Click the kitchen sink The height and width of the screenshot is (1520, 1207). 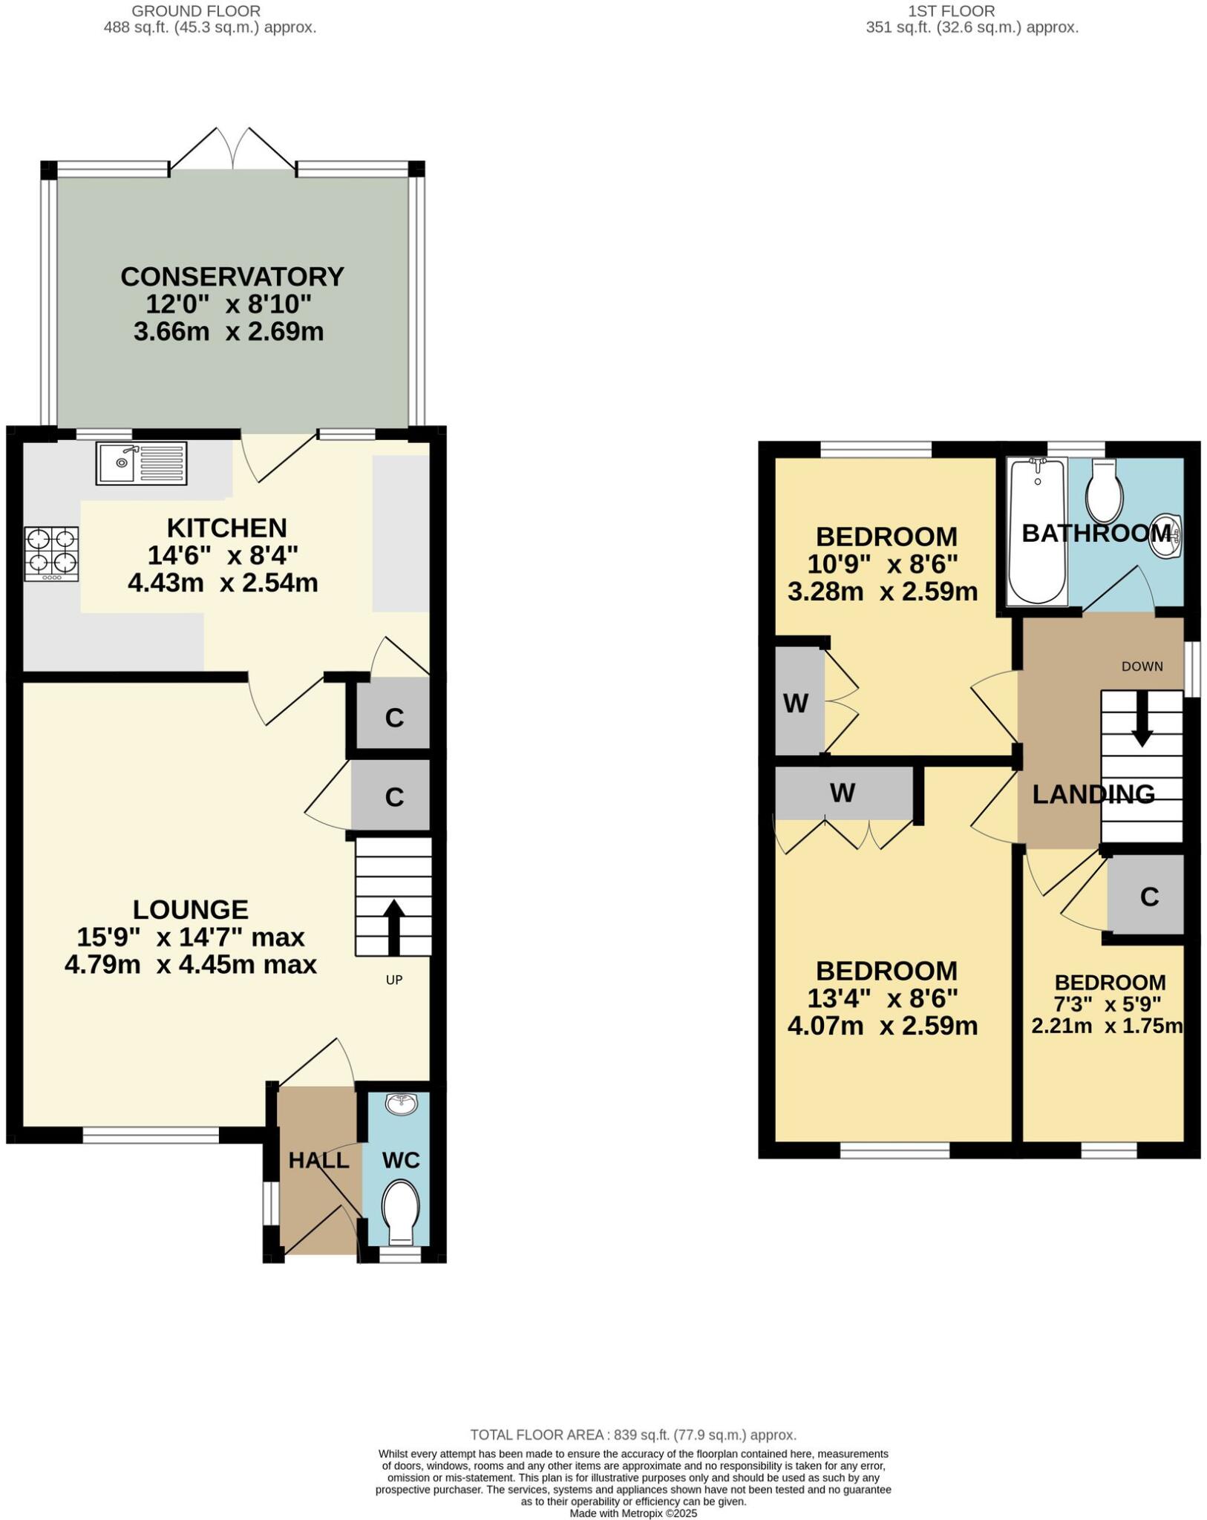(141, 463)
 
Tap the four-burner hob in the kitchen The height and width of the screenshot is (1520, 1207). (51, 554)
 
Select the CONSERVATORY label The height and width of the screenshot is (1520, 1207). (232, 277)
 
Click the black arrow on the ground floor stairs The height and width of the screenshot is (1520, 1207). (393, 927)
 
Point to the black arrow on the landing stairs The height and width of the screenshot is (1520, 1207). (1142, 719)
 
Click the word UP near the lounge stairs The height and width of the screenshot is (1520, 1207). (394, 980)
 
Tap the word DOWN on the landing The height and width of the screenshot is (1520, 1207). (1142, 666)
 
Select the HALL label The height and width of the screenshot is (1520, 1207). (318, 1160)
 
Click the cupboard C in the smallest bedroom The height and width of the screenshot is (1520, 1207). (1148, 897)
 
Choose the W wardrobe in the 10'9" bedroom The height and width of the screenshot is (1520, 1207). (796, 703)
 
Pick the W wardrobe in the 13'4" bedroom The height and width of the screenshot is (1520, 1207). (843, 793)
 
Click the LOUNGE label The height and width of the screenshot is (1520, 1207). (191, 909)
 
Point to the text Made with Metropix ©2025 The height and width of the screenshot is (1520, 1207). (633, 1513)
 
